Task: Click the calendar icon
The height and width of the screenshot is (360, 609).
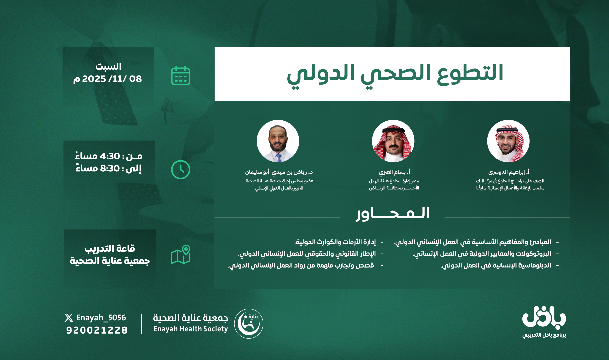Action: point(181,76)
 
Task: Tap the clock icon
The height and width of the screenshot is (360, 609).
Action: point(181,170)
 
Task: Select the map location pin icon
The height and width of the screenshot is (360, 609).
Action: point(181,255)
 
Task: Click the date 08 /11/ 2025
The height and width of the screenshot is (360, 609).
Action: point(108,79)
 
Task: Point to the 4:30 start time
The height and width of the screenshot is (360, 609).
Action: point(109,156)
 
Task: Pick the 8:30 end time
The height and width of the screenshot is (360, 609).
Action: point(109,168)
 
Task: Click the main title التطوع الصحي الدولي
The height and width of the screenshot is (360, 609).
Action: point(395,73)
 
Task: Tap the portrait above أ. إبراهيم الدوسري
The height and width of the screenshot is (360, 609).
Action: point(508,141)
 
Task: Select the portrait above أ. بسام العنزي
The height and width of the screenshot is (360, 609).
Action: point(393,141)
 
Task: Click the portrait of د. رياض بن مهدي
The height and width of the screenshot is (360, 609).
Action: point(278,141)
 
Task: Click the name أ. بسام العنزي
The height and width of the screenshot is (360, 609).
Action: point(394,172)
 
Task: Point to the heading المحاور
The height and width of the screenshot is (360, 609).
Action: point(393,214)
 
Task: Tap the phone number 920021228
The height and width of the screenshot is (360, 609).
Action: point(97,330)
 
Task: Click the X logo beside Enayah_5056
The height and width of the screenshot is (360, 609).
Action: point(69,318)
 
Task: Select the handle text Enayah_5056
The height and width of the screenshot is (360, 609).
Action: point(101,318)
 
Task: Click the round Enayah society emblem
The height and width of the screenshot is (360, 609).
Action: point(249,323)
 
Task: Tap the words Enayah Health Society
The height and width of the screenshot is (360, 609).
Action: point(191,329)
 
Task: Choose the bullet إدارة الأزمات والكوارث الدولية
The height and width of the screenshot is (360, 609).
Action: point(335,242)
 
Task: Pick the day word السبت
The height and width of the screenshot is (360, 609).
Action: point(108,67)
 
